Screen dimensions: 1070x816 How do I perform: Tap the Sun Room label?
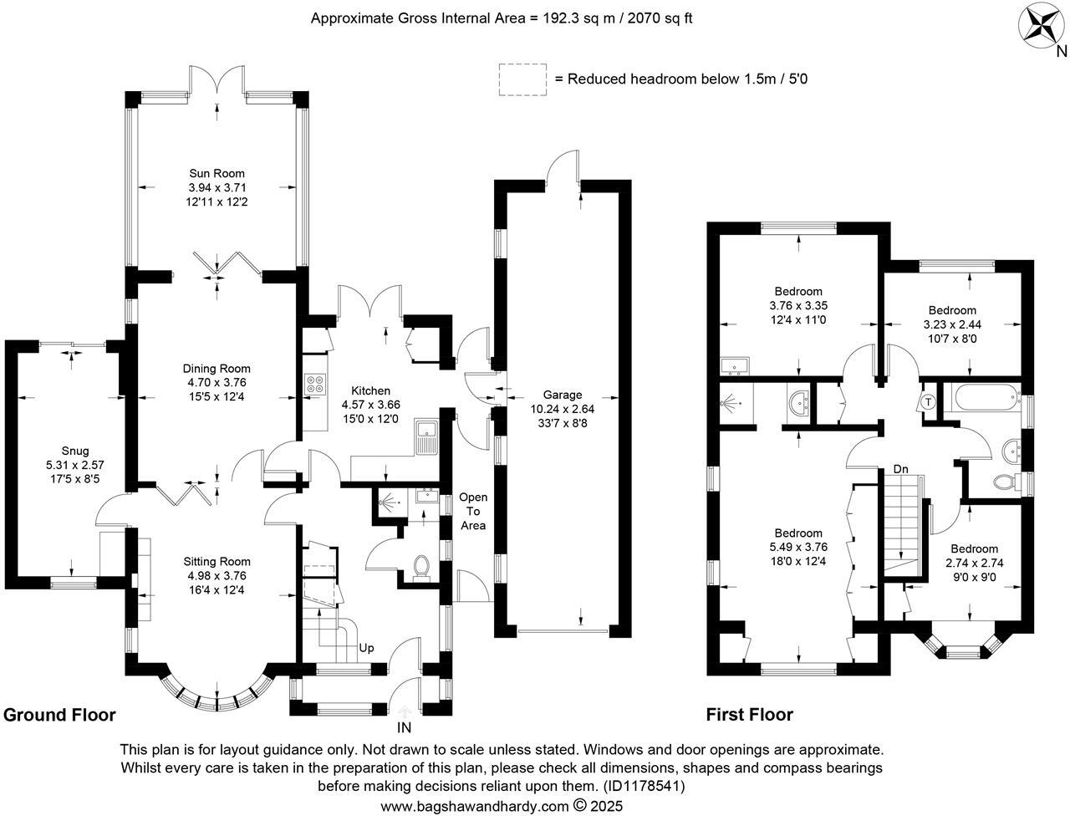point(217,174)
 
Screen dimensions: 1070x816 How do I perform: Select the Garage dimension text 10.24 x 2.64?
point(563,409)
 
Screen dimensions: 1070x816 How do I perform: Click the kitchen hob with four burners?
point(315,384)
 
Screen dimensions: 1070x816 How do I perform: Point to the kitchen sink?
point(427,436)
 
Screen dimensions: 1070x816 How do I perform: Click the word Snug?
point(75,451)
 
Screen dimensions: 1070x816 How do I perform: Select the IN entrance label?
point(404,727)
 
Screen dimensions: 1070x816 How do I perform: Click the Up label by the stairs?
point(367,648)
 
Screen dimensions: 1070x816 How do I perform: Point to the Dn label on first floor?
point(900,469)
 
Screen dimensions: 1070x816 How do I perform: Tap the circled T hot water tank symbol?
point(928,402)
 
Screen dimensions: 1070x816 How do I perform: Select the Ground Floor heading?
point(59,715)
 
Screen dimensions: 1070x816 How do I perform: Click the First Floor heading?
point(750,715)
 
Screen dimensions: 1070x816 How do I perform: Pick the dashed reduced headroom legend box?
point(522,79)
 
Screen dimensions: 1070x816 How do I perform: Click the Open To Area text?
point(473,512)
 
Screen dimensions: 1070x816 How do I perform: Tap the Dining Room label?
point(217,369)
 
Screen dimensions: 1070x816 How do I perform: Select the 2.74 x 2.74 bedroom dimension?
point(975,563)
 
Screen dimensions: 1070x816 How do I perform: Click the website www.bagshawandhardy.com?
point(475,806)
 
